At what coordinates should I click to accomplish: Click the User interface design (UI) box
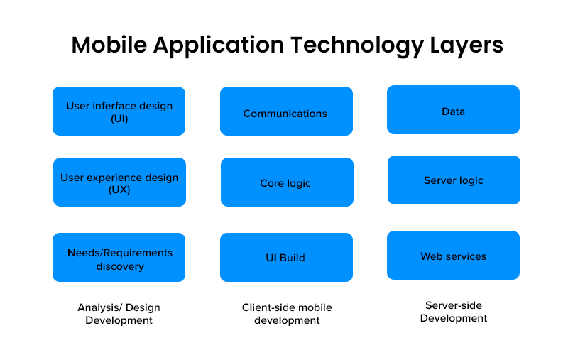point(119,111)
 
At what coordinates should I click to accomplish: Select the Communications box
point(287,111)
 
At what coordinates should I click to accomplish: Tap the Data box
point(453,110)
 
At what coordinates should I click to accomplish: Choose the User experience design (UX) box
point(119,182)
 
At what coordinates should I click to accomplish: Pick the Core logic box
point(287,182)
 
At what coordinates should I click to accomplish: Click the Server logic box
point(454,180)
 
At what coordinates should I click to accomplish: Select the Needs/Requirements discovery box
point(119,258)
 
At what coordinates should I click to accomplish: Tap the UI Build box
point(287,258)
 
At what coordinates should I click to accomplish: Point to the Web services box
point(453,256)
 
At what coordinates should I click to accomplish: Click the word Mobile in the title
point(109,45)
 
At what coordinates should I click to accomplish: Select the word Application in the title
point(219,46)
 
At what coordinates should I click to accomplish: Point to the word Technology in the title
point(357,46)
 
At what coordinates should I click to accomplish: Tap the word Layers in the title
point(466,46)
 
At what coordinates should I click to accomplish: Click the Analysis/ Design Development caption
point(119,314)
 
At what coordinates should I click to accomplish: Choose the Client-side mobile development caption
point(287,314)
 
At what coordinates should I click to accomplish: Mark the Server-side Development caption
point(454,312)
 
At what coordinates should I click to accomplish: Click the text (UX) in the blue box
point(119,190)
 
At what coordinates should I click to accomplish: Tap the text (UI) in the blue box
point(119,119)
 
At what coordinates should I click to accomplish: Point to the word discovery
point(120,266)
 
